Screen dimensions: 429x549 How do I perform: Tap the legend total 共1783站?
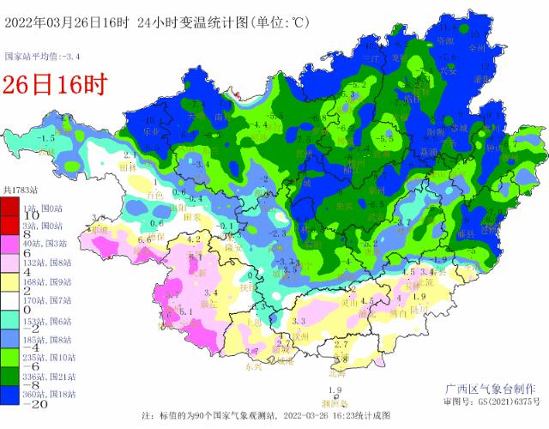pos(22,188)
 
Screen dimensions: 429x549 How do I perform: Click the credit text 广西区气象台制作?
pos(491,388)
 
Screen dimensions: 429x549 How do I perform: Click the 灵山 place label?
pos(349,301)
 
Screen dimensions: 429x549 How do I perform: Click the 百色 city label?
pos(155,196)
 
